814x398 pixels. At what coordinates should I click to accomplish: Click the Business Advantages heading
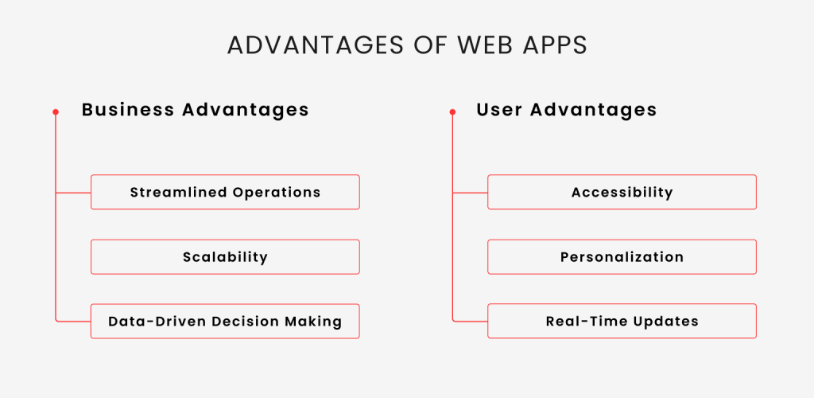(x=196, y=110)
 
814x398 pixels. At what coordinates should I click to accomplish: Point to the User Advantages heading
(x=567, y=110)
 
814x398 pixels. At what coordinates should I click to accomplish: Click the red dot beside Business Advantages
(x=56, y=111)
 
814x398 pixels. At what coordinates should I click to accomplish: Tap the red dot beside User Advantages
(x=452, y=111)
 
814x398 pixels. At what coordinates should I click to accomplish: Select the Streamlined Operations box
(x=225, y=193)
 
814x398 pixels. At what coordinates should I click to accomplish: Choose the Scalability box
(x=225, y=256)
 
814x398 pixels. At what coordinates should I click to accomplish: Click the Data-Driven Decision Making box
(x=225, y=321)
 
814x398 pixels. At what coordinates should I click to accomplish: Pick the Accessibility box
(x=622, y=193)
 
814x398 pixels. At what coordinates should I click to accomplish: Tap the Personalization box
(x=622, y=256)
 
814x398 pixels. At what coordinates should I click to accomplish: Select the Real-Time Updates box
(x=622, y=321)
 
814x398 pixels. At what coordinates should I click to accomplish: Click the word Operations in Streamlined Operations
(x=277, y=193)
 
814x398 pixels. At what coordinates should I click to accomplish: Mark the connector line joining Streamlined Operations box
(x=73, y=193)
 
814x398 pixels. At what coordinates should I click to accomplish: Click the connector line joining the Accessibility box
(x=470, y=193)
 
